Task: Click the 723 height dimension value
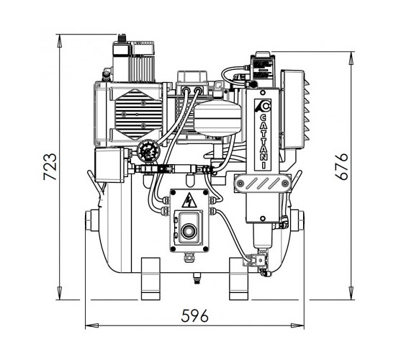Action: pos(50,166)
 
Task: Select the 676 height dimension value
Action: pos(341,166)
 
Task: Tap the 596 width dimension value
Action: pos(194,315)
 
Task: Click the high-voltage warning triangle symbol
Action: pos(189,200)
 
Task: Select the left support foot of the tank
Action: pos(150,279)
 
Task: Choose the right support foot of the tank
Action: pos(238,279)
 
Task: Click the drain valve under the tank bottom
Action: pos(197,278)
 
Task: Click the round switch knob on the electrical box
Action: pos(188,231)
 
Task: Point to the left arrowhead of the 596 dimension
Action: pos(91,325)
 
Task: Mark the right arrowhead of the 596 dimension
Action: pos(298,325)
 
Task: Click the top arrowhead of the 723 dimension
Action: pos(60,40)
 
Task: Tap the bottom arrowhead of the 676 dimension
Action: pos(351,294)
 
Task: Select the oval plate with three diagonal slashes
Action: pos(262,182)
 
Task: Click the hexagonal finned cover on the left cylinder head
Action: pos(138,114)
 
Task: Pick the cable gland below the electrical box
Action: pos(188,258)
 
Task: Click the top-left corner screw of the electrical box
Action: pos(174,192)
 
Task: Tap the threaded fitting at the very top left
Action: pos(122,38)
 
